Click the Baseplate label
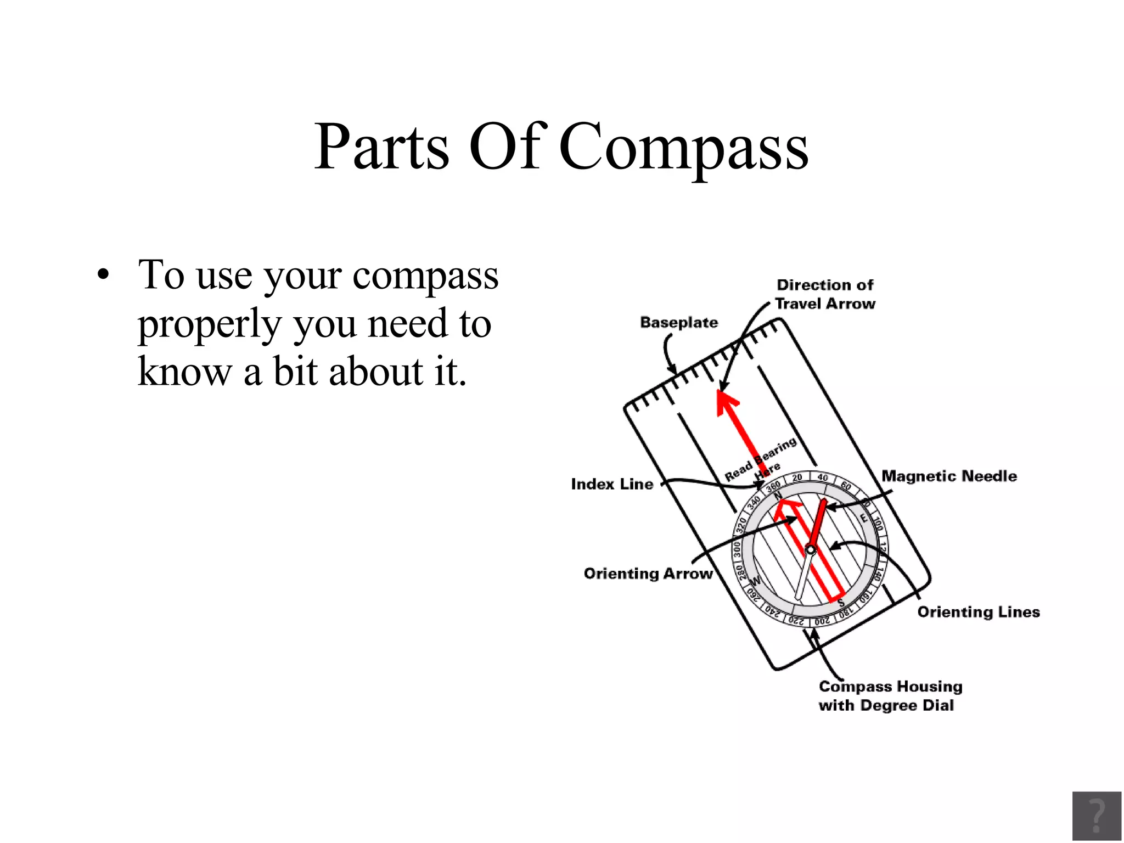tap(679, 323)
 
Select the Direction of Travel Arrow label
tap(825, 294)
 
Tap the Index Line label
tap(612, 484)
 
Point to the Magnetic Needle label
tap(949, 476)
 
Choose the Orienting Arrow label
tap(648, 574)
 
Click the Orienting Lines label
tap(979, 612)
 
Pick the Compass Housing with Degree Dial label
tap(890, 696)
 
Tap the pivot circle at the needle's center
tap(810, 549)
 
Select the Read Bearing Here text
tap(760, 460)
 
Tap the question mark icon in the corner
tap(1096, 816)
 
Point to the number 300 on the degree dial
tap(737, 548)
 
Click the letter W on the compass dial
tap(756, 581)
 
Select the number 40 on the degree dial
tap(823, 477)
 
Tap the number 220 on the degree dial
tap(796, 621)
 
